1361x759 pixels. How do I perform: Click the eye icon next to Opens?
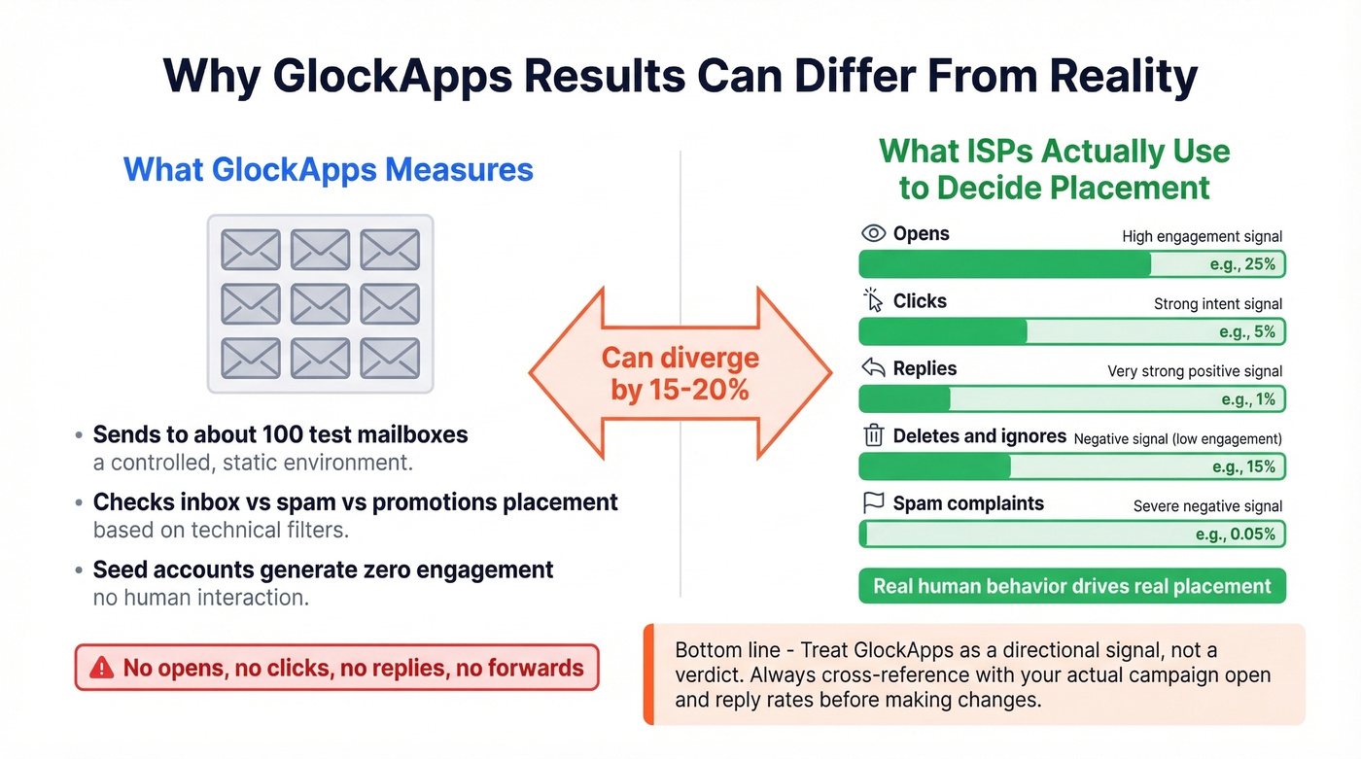(x=873, y=233)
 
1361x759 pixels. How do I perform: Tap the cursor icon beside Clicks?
(x=873, y=300)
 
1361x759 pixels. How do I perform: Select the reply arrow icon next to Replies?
(x=873, y=368)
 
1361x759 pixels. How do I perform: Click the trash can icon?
(x=873, y=436)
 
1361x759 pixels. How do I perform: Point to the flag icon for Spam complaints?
(x=873, y=503)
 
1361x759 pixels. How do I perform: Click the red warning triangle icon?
(x=101, y=668)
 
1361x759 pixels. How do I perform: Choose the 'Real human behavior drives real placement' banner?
(x=1071, y=586)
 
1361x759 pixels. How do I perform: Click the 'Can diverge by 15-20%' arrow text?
(x=680, y=373)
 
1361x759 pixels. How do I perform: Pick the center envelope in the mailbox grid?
(x=320, y=303)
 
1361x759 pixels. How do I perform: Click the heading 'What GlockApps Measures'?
(x=329, y=170)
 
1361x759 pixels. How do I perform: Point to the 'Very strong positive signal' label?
(x=1195, y=371)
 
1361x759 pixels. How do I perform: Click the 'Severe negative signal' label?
(x=1207, y=506)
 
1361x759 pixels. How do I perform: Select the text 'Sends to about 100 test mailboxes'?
(x=280, y=434)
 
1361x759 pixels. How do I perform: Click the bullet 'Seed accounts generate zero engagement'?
(x=323, y=569)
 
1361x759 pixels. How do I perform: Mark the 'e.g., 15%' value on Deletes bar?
(x=1243, y=467)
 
